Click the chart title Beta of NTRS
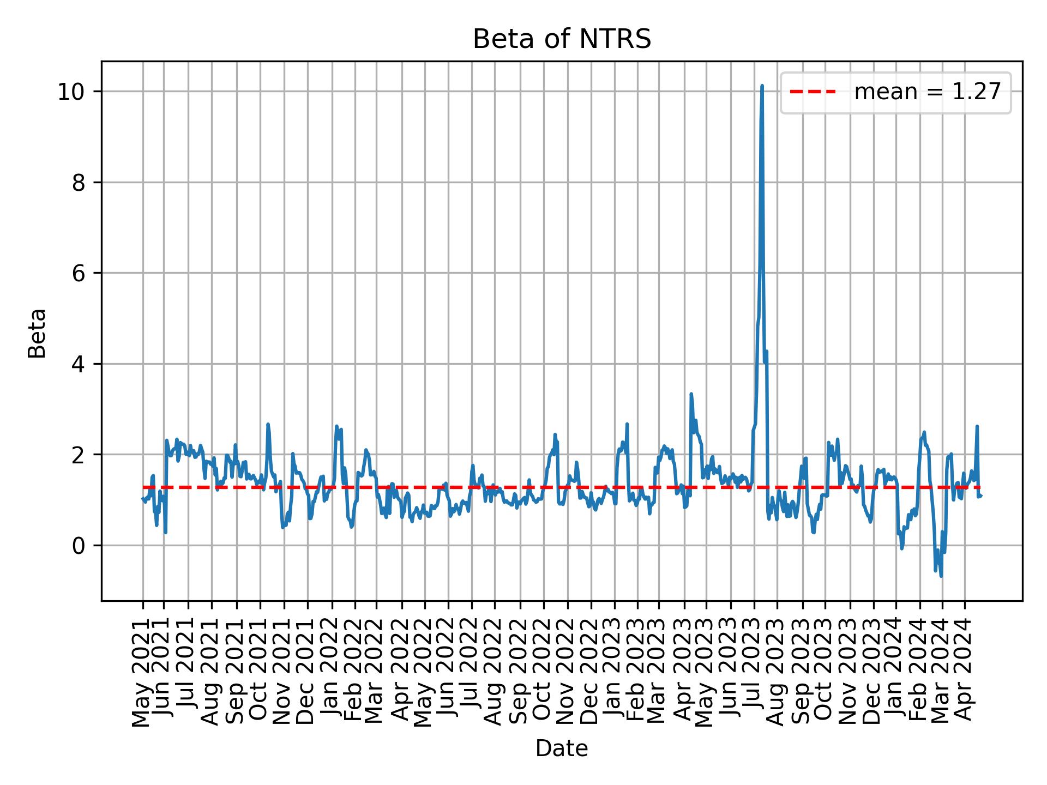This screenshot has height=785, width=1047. tap(562, 40)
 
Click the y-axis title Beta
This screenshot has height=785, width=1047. tap(37, 333)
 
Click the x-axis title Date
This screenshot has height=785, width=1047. tap(562, 749)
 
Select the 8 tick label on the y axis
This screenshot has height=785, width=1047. tap(80, 183)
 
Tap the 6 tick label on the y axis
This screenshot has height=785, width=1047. tap(80, 273)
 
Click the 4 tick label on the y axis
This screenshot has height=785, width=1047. tap(80, 364)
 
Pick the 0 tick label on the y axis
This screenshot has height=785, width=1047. tap(80, 546)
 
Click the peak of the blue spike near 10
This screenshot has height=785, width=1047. tap(762, 86)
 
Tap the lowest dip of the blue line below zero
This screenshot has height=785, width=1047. tap(941, 576)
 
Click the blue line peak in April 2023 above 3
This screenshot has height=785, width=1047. tap(691, 394)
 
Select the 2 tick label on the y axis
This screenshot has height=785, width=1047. tap(80, 455)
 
